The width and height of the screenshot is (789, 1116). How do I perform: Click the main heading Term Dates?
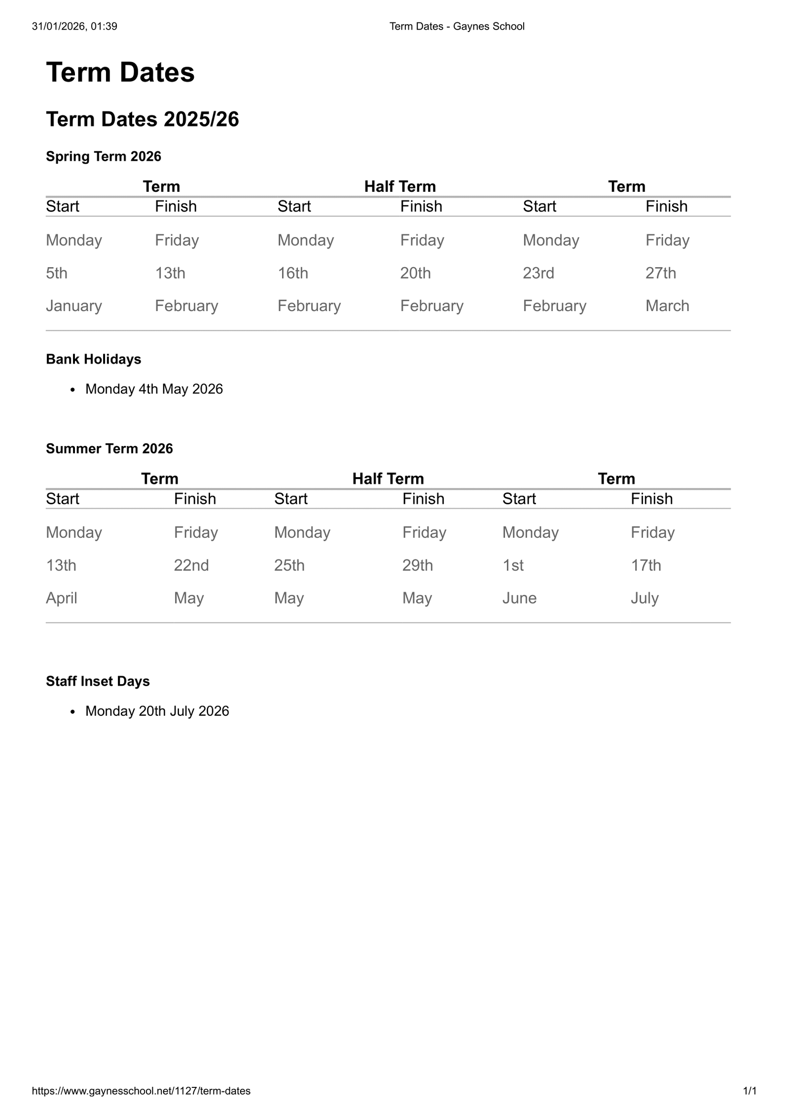120,72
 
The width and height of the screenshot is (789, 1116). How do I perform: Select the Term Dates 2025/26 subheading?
143,119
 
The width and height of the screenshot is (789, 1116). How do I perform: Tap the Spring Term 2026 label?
104,156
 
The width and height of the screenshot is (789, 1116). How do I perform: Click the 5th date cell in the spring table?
57,273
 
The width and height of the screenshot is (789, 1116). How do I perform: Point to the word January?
74,306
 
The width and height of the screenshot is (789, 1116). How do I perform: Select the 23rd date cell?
538,273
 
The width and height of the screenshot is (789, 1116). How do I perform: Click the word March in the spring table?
667,306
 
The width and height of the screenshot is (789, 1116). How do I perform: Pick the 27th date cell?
661,273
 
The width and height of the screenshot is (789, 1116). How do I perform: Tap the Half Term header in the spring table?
400,186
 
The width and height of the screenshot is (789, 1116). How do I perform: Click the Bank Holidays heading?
94,359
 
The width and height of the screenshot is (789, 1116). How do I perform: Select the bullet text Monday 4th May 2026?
154,389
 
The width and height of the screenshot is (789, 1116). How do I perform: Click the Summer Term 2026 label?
109,449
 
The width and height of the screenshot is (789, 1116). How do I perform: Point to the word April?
62,598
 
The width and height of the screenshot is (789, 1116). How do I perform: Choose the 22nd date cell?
191,565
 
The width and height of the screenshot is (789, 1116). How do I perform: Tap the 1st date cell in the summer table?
513,565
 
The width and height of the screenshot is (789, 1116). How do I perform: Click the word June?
519,598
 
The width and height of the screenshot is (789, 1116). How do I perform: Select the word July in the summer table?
645,598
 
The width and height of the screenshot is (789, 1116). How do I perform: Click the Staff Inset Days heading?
98,681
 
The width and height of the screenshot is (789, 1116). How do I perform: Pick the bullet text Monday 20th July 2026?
157,711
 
